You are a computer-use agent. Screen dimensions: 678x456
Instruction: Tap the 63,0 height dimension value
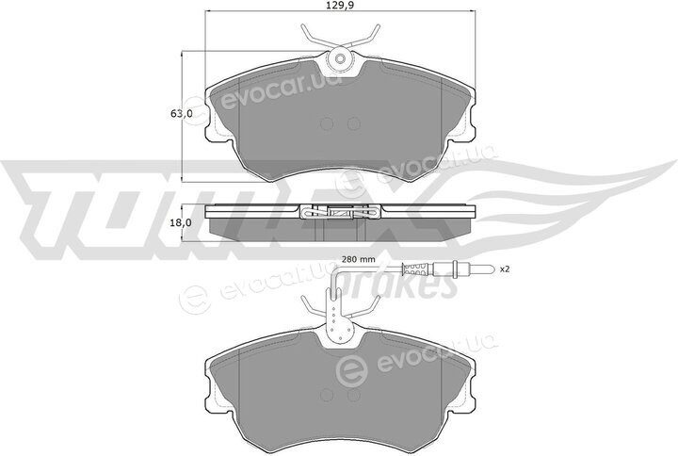[182, 114]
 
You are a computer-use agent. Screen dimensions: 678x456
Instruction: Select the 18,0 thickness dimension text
[182, 222]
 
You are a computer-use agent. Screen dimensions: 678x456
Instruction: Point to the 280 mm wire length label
[359, 260]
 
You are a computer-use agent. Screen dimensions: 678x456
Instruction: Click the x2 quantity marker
[505, 269]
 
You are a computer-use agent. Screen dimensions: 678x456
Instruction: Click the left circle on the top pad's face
[327, 124]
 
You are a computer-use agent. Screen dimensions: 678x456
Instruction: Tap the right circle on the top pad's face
[354, 124]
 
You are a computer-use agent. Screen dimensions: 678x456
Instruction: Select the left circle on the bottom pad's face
[327, 395]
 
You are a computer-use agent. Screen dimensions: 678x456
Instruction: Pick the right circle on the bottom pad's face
[354, 395]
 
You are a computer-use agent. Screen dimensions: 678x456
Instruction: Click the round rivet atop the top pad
[340, 58]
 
